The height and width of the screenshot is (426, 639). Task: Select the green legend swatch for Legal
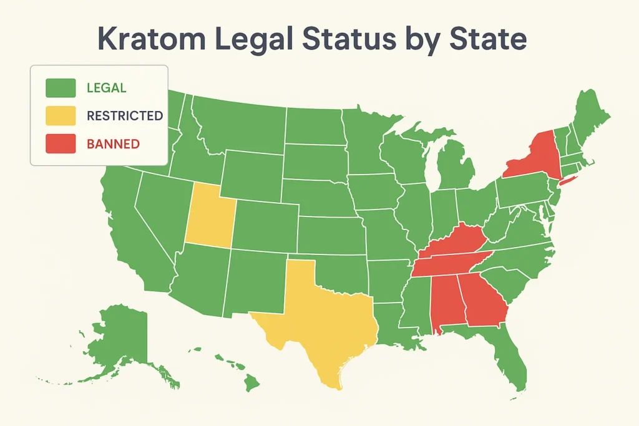click(61, 88)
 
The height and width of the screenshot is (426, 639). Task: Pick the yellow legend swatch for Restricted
click(61, 116)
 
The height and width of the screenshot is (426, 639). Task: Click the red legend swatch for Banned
click(61, 144)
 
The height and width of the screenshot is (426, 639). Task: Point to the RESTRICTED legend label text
click(125, 116)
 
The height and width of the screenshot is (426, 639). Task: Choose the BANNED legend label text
click(113, 144)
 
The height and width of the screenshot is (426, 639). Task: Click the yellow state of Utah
click(208, 216)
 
